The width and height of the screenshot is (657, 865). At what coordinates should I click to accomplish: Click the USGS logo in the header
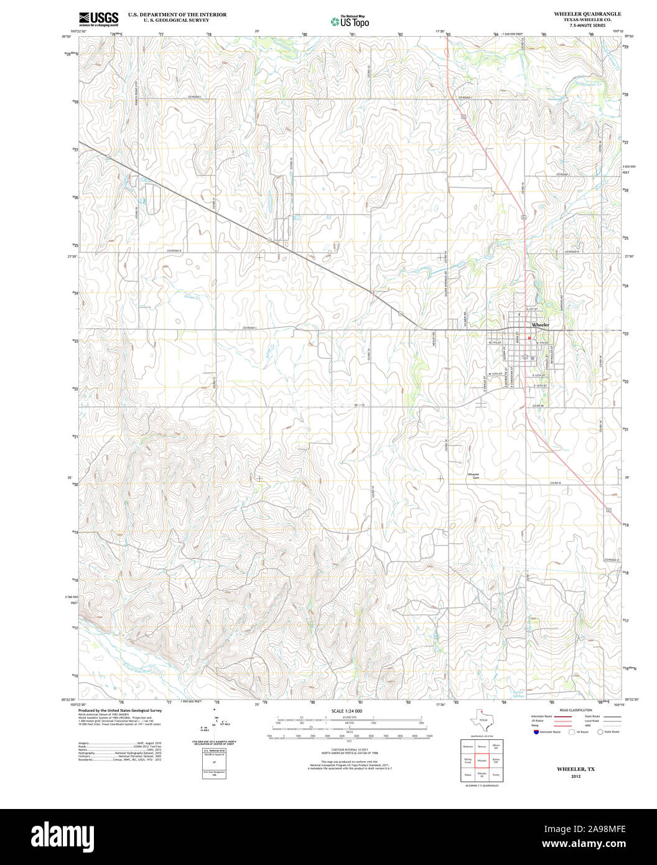98,19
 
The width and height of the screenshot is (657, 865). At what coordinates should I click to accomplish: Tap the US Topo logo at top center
350,21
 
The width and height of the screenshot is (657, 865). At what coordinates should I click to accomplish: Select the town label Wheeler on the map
540,325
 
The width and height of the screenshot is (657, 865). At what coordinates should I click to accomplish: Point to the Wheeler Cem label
473,475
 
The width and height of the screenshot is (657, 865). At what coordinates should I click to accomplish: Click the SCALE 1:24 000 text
347,711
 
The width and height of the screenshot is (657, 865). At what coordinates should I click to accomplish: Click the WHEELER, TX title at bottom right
575,769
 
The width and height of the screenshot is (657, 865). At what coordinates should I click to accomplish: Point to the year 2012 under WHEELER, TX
575,776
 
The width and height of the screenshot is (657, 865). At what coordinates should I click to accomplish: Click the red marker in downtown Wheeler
529,338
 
